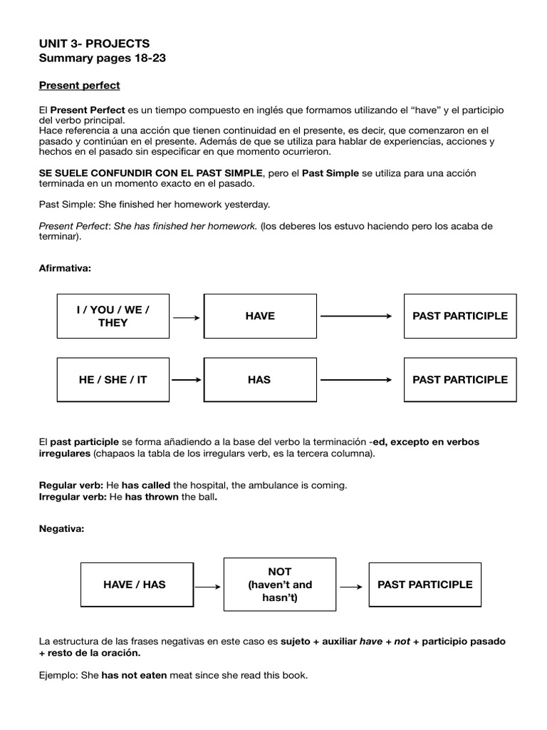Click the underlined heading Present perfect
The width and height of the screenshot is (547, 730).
point(79,86)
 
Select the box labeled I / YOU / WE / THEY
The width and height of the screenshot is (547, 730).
point(113,316)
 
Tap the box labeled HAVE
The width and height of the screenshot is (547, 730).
point(260,316)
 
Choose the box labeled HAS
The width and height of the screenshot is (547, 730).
point(260,380)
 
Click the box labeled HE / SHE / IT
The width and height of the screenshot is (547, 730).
point(113,380)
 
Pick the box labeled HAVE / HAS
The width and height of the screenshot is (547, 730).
point(135,585)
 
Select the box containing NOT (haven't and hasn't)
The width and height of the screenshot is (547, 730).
point(280,585)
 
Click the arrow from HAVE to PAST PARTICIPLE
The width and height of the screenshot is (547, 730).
point(356,317)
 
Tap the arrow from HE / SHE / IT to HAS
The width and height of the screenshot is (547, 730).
point(187,381)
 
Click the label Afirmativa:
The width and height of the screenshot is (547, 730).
point(66,269)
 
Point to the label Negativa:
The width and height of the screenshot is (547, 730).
point(61,530)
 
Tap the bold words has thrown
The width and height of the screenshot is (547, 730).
point(150,497)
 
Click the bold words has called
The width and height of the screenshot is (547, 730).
point(145,485)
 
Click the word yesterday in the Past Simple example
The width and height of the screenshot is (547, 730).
point(246,205)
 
